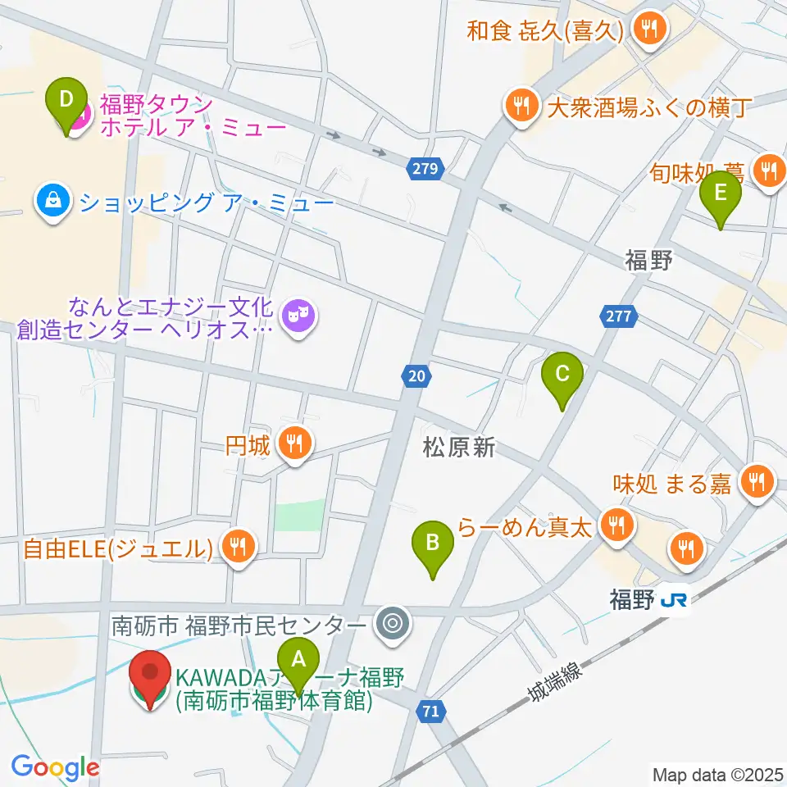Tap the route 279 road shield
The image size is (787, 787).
click(425, 170)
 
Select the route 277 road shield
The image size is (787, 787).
click(616, 315)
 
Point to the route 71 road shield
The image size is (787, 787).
click(430, 711)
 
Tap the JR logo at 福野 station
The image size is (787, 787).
click(673, 601)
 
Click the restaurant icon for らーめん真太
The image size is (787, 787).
click(614, 524)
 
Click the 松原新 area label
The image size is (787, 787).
click(459, 448)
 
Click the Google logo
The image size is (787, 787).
click(55, 767)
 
